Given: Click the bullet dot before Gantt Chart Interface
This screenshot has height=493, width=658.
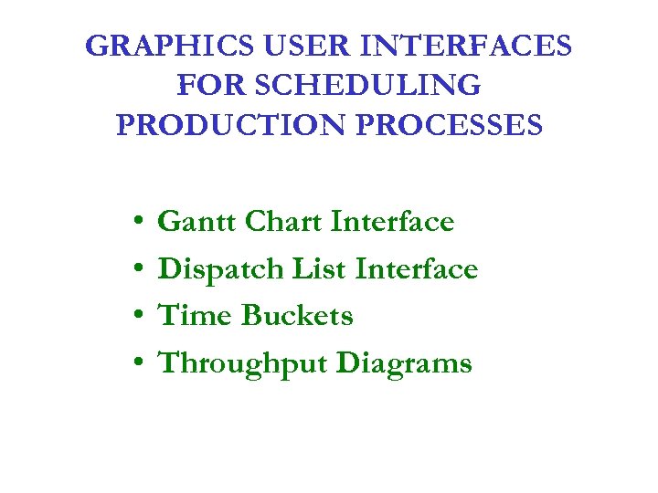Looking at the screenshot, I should pos(134,223).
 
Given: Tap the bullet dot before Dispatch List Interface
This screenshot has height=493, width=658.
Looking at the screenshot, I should pos(134,270).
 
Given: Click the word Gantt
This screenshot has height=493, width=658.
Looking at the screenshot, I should pos(194,222).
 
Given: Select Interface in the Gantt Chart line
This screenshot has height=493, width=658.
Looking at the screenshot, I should pos(393,222).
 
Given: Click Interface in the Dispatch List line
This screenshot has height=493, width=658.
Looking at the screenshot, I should pos(417,269).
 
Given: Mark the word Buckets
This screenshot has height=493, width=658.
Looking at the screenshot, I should pos(297,316).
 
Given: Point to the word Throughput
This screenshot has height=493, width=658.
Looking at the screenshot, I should pos(243,364).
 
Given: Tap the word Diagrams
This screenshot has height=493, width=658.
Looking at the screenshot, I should pos(404,364).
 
